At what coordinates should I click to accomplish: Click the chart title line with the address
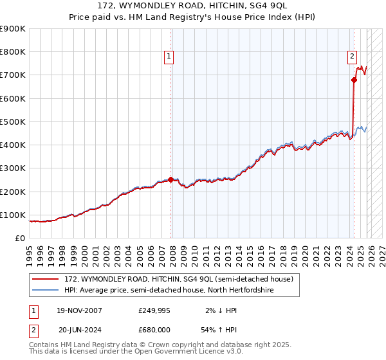click(193, 6)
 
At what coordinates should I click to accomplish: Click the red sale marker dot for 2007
click(170, 180)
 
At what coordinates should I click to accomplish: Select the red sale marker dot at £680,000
click(354, 80)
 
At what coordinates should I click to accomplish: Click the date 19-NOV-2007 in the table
click(78, 310)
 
